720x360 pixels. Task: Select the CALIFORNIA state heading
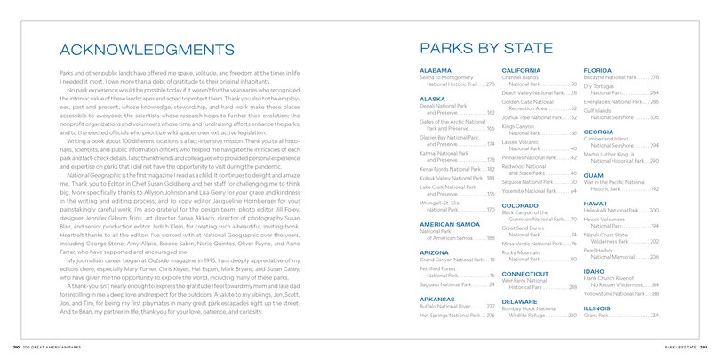[x=523, y=69]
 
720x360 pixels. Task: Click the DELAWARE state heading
[x=520, y=301]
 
